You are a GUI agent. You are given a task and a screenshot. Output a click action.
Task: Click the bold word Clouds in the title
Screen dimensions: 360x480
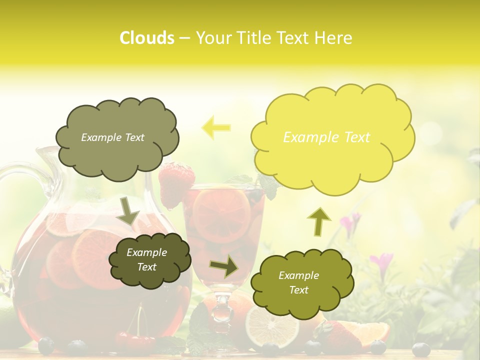146,38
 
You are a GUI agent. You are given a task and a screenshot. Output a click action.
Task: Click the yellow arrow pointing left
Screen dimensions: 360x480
216,127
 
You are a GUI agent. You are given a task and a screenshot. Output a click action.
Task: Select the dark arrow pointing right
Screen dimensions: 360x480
224,266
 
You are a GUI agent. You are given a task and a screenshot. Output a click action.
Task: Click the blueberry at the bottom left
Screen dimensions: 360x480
46,344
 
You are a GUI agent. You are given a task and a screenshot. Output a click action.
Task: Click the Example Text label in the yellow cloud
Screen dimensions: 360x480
326,137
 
